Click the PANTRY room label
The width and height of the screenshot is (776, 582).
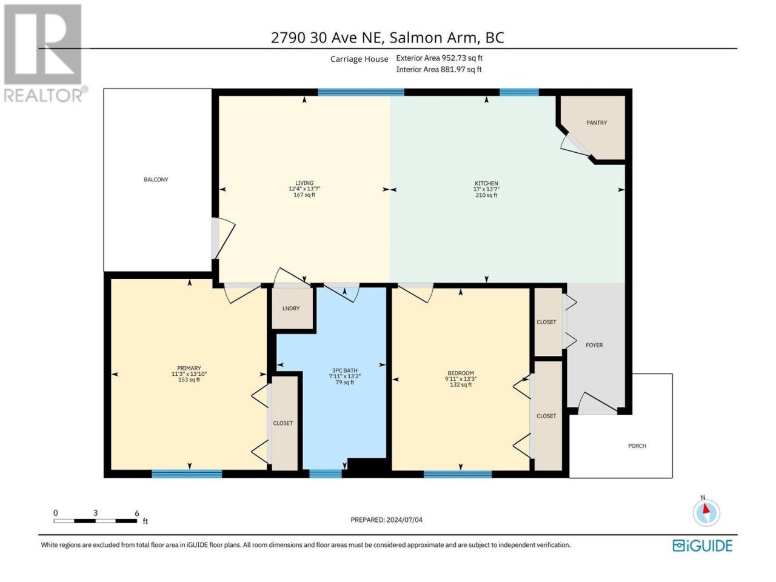tap(597, 122)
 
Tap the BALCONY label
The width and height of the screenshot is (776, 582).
tap(156, 179)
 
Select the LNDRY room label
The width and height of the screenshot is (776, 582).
tap(291, 309)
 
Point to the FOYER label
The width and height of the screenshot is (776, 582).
tap(594, 345)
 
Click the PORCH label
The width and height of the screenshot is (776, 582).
tap(637, 446)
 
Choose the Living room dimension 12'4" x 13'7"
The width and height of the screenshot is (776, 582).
tap(304, 189)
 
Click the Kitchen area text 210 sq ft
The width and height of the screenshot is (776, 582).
tap(486, 195)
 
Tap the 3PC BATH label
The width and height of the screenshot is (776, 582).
tap(345, 370)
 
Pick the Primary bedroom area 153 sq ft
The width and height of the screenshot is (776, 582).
tap(189, 380)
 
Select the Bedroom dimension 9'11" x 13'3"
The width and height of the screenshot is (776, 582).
tap(461, 379)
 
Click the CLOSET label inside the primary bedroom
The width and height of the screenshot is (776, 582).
tap(283, 423)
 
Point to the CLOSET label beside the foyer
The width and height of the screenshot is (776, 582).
tap(546, 322)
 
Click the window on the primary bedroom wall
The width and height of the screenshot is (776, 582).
tap(187, 474)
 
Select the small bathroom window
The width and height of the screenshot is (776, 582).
tap(326, 474)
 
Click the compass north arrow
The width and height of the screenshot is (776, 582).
tap(706, 509)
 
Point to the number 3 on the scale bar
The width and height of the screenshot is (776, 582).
tap(95, 513)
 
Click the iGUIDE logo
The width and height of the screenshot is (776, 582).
tap(703, 546)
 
